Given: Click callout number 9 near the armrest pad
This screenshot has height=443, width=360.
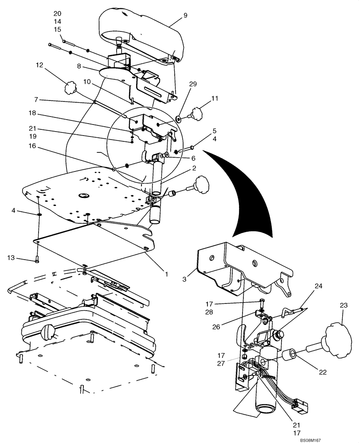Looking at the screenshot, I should [x=185, y=16].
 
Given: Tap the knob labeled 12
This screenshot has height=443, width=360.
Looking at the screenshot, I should [x=70, y=87].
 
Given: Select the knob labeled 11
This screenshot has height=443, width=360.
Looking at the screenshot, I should [x=196, y=113].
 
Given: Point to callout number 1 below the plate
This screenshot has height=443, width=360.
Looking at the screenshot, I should [x=167, y=274].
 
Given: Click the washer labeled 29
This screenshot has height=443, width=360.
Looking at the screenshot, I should [x=177, y=118].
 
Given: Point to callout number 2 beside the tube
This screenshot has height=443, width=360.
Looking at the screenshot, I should [x=194, y=169].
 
